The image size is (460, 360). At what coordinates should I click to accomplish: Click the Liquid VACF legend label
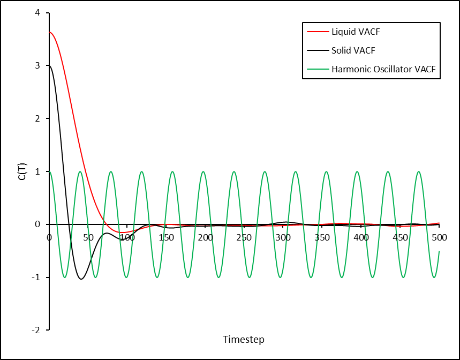[x=356, y=32]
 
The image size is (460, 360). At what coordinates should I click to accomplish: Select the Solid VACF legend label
[x=353, y=50]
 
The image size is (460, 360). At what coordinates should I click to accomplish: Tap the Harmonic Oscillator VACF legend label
[x=383, y=69]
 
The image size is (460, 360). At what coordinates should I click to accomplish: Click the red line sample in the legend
[x=318, y=32]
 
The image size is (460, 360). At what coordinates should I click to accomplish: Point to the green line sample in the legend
[x=318, y=69]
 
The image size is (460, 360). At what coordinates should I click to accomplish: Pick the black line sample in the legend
[x=318, y=50]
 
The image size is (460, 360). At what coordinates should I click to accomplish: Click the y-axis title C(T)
[x=23, y=171]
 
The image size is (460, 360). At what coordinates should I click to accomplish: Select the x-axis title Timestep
[x=244, y=340]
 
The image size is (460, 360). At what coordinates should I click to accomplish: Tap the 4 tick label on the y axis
[x=37, y=13]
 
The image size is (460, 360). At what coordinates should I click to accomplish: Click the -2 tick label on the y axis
[x=36, y=331]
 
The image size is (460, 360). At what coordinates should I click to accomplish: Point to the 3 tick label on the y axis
[x=37, y=65]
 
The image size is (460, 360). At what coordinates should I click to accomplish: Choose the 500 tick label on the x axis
[x=439, y=237]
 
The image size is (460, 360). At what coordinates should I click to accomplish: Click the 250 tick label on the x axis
[x=244, y=237]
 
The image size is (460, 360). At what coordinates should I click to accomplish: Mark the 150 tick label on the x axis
[x=167, y=237]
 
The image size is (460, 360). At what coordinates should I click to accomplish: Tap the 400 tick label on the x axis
[x=361, y=237]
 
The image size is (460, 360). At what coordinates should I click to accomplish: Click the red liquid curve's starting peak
[x=50, y=32]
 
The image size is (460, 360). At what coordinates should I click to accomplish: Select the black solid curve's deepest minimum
[x=81, y=279]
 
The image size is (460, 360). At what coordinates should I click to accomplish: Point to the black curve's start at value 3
[x=50, y=66]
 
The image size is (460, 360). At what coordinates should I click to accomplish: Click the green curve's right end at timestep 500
[x=439, y=251]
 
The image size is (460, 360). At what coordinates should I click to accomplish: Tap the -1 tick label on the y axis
[x=36, y=277]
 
